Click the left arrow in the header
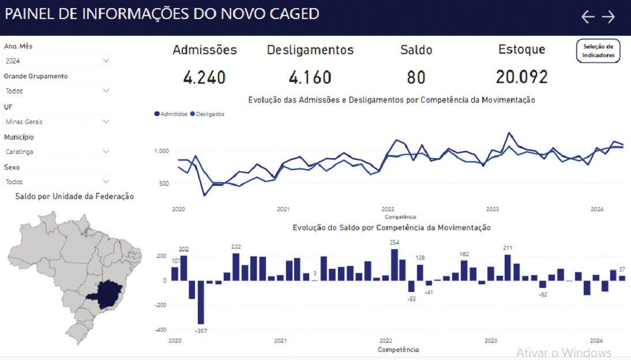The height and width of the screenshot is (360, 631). pyautogui.click(x=588, y=17)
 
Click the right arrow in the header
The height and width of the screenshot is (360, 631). pyautogui.click(x=609, y=17)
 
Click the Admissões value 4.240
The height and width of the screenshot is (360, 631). pyautogui.click(x=204, y=77)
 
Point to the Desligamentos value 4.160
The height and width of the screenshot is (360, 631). pyautogui.click(x=310, y=77)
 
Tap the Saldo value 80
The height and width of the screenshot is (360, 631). pyautogui.click(x=416, y=77)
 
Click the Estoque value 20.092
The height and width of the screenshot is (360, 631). pyautogui.click(x=521, y=77)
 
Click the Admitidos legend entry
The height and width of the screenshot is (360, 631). pyautogui.click(x=171, y=114)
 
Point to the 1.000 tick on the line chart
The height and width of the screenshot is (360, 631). pyautogui.click(x=161, y=151)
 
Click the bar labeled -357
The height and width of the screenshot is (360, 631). pyautogui.click(x=201, y=302)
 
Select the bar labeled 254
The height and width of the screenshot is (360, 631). pyautogui.click(x=395, y=265)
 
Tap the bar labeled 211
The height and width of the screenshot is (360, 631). pyautogui.click(x=508, y=268)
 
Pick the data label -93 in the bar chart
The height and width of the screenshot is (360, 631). pyautogui.click(x=411, y=299)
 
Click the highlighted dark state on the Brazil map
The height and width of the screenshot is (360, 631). pyautogui.click(x=104, y=292)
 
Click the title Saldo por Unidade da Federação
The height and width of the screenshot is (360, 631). pyautogui.click(x=74, y=197)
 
